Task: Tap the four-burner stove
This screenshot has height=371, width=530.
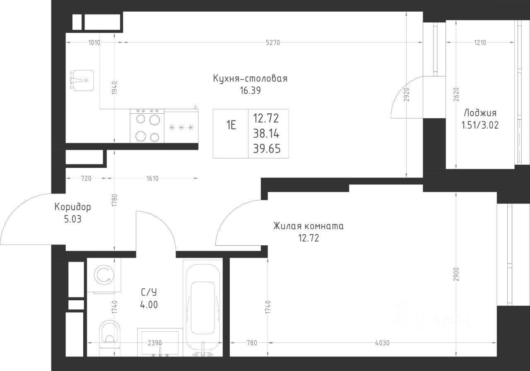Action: (147, 126)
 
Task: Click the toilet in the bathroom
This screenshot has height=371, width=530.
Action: (110, 334)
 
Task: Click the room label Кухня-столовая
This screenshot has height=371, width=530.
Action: (250, 79)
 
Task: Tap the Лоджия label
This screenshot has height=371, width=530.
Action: (480, 113)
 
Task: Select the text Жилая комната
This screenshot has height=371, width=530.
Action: (308, 226)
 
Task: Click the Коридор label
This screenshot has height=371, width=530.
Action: (72, 207)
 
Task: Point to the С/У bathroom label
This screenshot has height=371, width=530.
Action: (149, 292)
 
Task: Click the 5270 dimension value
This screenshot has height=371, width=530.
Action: (273, 43)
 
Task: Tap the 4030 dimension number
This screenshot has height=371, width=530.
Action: (382, 342)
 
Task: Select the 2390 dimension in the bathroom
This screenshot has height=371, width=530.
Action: (155, 342)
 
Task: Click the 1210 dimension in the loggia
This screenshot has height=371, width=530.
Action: (480, 43)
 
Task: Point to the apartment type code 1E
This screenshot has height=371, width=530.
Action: (231, 125)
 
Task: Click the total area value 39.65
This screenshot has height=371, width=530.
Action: (267, 149)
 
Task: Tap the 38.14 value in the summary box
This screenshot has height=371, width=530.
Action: (266, 134)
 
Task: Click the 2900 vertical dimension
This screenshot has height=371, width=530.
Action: (456, 274)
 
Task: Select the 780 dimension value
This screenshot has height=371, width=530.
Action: (252, 342)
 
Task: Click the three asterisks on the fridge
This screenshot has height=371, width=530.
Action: (181, 128)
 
